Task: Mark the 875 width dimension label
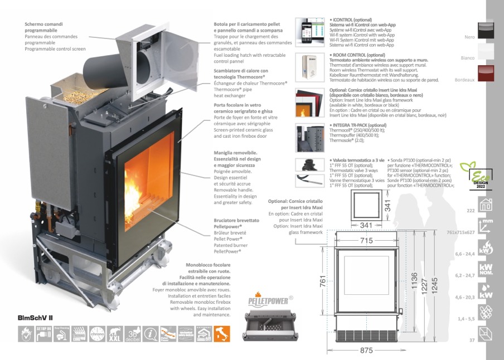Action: click(366, 351)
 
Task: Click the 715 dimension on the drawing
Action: click(366, 241)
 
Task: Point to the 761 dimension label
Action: click(323, 283)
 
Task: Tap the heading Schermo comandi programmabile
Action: click(43, 27)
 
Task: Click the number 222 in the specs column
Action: click(470, 210)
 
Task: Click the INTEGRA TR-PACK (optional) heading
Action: click(358, 125)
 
